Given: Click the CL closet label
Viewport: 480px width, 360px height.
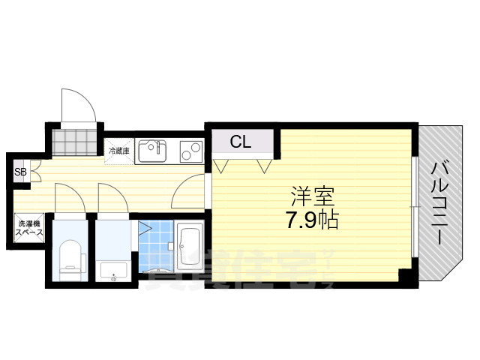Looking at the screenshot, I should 240,140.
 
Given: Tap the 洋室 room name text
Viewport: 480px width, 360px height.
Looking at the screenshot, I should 313,198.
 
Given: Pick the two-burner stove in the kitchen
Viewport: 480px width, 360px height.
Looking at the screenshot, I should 191,151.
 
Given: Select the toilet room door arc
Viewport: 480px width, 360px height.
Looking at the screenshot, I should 69,199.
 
